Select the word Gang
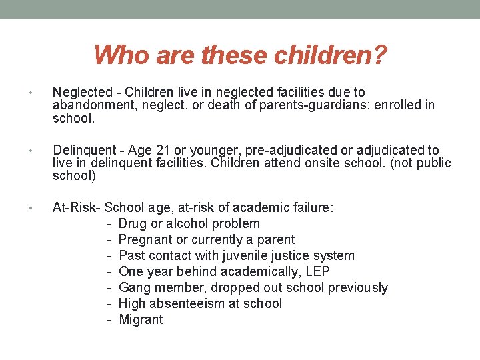coord(134,287)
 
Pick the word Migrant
coord(141,319)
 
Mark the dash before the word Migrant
coord(108,319)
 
